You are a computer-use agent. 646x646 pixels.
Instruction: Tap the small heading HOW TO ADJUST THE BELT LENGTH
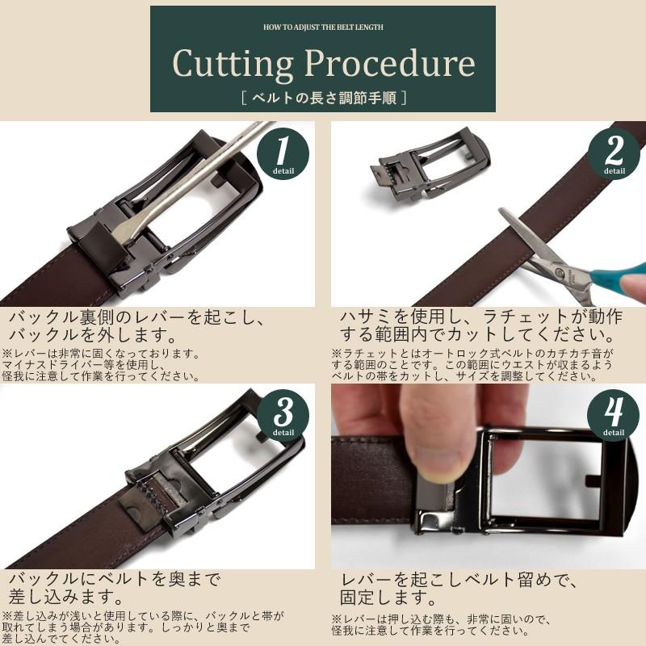click(323, 27)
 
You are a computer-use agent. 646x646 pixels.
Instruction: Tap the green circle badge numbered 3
click(283, 413)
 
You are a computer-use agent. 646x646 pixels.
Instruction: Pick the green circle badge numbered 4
click(614, 413)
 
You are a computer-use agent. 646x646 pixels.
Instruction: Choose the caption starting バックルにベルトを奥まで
click(113, 589)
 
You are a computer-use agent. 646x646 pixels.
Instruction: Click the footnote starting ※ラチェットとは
click(473, 365)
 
